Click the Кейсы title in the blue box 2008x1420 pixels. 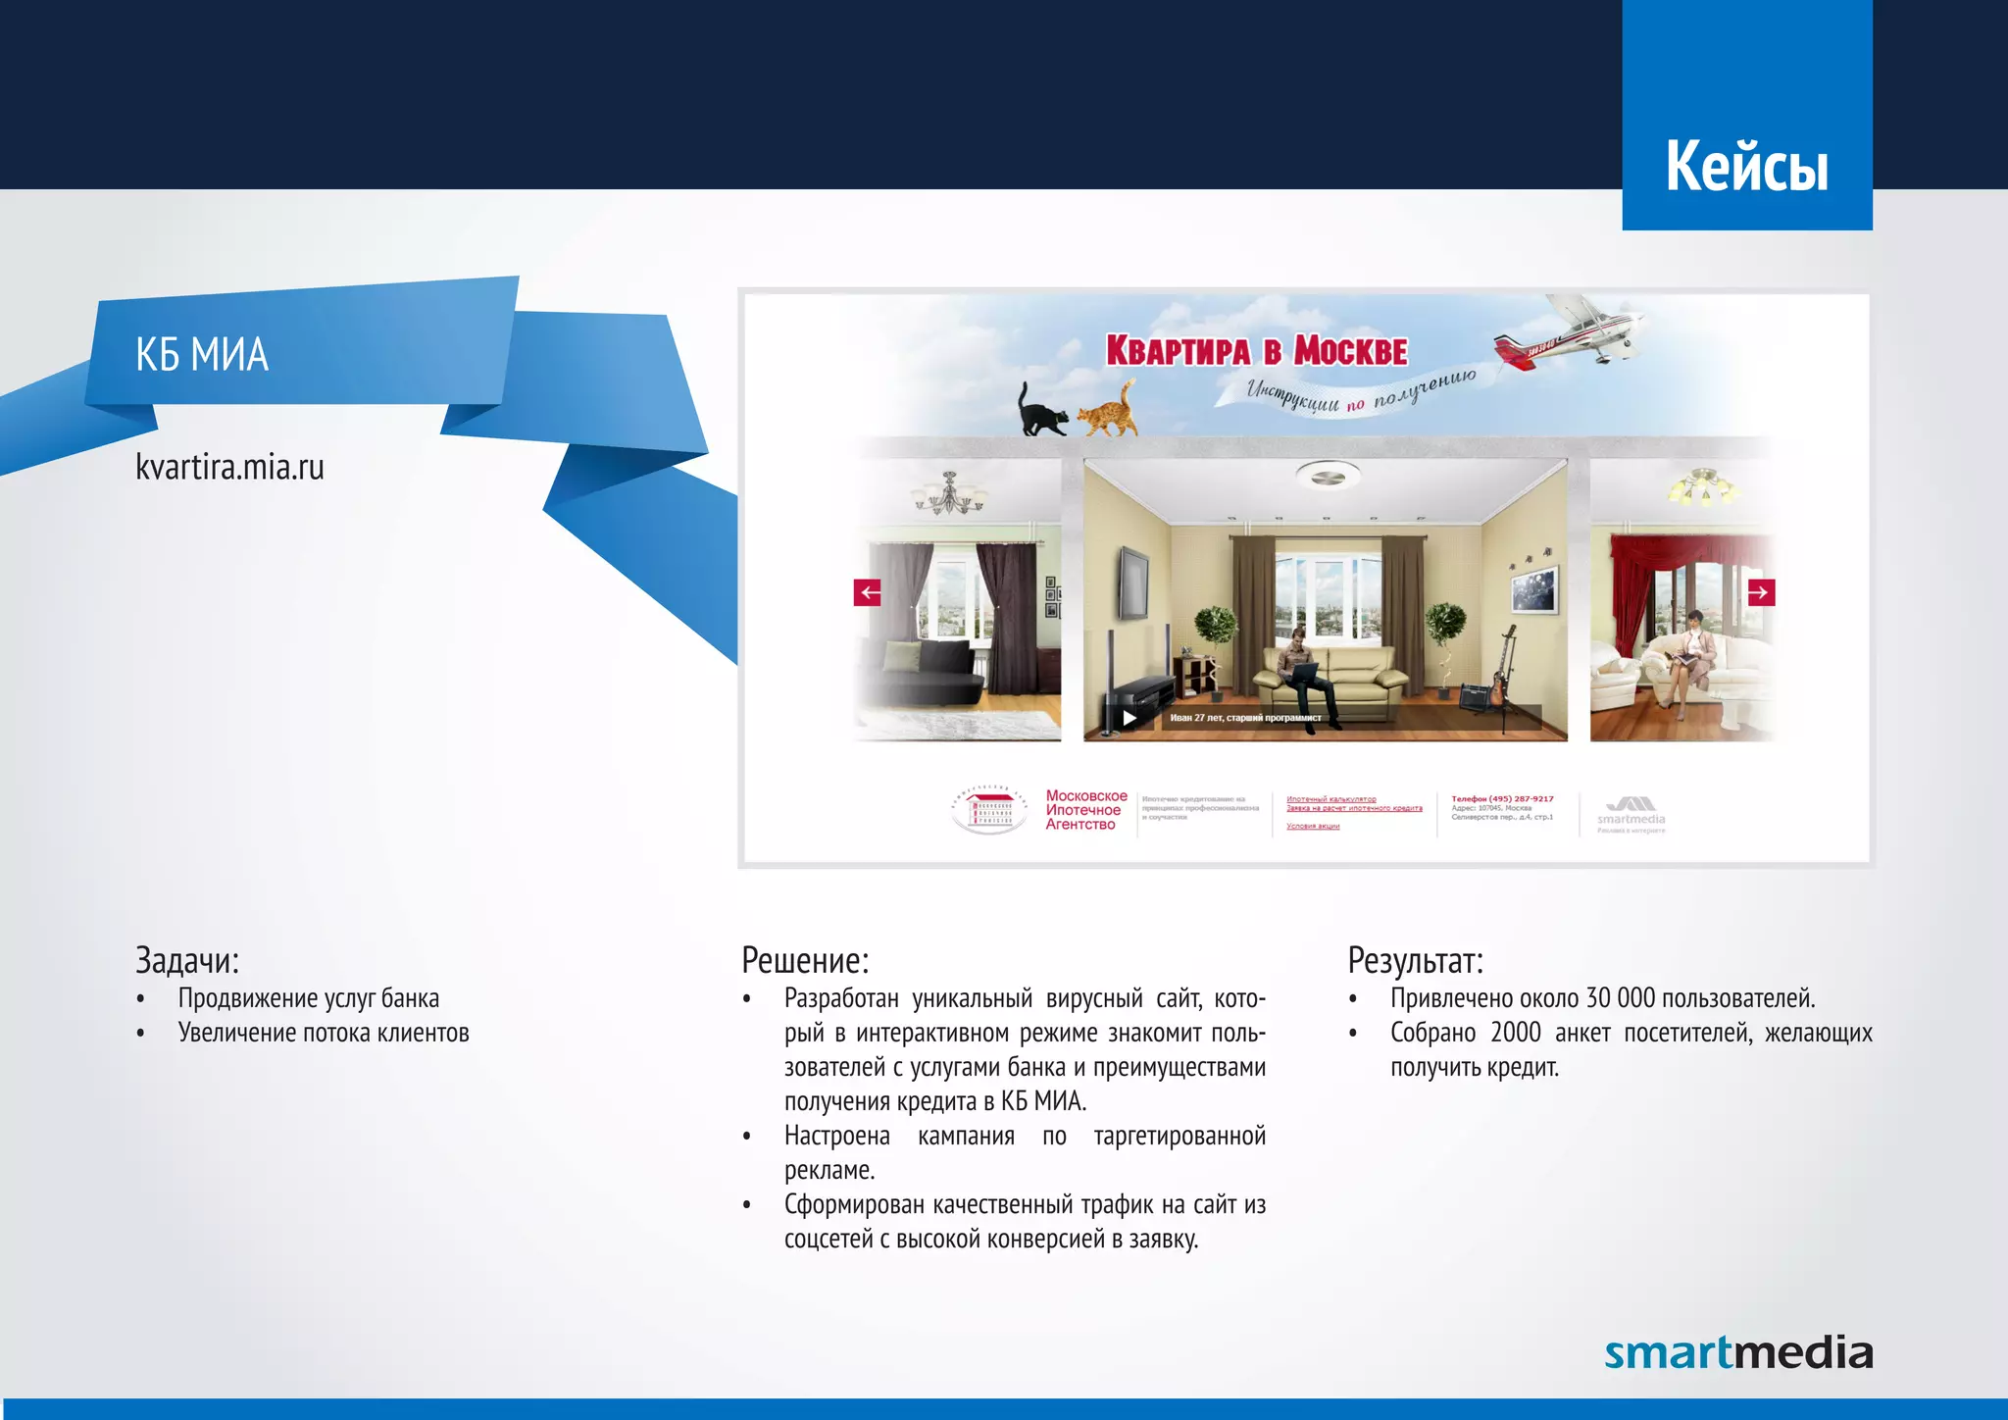(x=1746, y=166)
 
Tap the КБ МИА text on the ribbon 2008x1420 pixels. (x=201, y=354)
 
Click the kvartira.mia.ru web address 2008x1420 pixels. (x=229, y=467)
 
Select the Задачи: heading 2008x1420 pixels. (x=186, y=960)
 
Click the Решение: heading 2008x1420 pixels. (x=804, y=960)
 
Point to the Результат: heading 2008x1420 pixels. (x=1415, y=960)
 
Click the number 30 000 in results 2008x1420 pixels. (x=1620, y=998)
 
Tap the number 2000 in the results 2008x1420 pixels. (x=1515, y=1033)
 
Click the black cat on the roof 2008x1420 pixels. (x=1040, y=411)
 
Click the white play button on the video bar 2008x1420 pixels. (x=1129, y=718)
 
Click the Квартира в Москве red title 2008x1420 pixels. (x=1256, y=350)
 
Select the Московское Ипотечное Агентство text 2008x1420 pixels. (x=1084, y=810)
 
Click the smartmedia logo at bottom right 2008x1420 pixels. (x=1737, y=1352)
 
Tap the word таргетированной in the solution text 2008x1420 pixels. (x=1179, y=1136)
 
